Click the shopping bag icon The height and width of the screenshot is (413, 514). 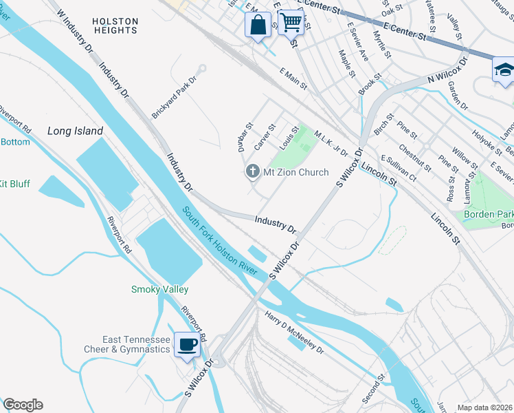coord(257,26)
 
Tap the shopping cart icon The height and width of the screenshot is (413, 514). coord(291,22)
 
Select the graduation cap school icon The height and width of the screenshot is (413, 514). coord(504,70)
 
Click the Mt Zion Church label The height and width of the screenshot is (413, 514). coord(296,172)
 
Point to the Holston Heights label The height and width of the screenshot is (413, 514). coord(115,26)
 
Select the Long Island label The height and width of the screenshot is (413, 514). coord(75,131)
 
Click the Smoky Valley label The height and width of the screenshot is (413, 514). coord(159,290)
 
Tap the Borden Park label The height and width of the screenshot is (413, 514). coord(489,214)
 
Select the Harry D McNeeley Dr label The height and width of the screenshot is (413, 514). coord(294,332)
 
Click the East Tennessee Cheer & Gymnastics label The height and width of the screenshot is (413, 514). coord(136,344)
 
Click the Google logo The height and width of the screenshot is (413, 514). coord(23,405)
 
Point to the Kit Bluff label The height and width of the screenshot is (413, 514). coord(13,184)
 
